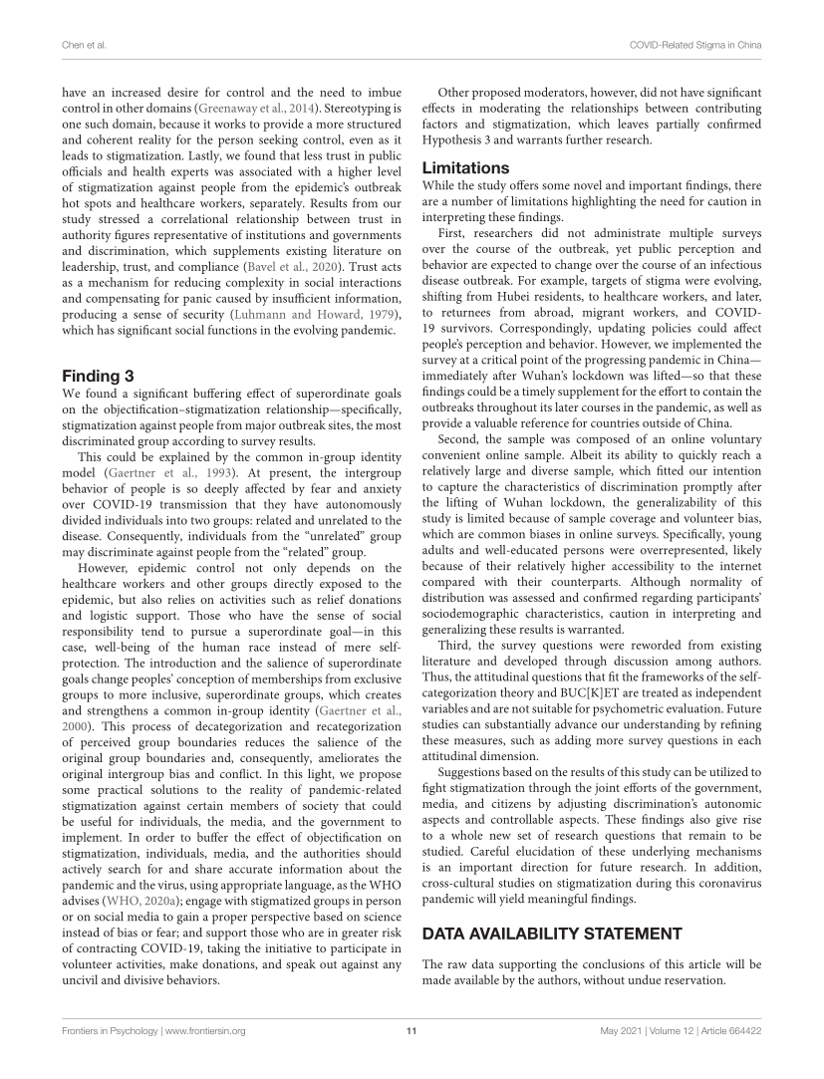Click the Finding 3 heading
click(x=98, y=376)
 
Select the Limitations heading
click(x=466, y=167)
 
